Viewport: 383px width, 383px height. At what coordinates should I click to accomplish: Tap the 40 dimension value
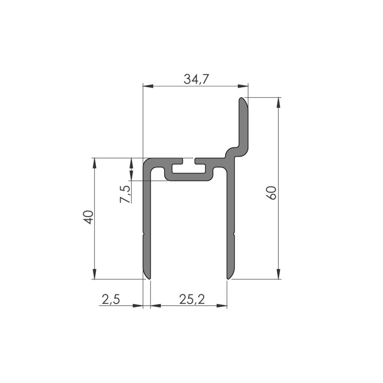tap(87, 217)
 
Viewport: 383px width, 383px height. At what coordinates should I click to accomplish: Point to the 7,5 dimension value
tap(125, 194)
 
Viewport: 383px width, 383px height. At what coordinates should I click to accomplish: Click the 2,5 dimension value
tap(111, 300)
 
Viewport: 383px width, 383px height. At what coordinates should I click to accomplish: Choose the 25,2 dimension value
tap(192, 300)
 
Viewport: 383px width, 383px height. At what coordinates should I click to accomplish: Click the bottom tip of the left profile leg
tap(147, 277)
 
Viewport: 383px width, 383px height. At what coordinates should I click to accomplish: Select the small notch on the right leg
tap(234, 234)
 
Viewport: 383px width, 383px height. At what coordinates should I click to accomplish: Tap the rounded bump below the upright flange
tap(231, 152)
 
